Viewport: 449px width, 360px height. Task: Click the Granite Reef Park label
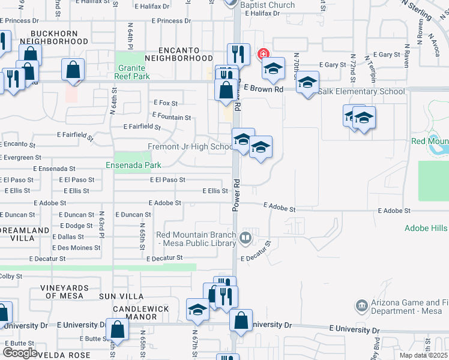pyautogui.click(x=133, y=72)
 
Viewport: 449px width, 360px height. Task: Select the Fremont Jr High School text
pyautogui.click(x=190, y=146)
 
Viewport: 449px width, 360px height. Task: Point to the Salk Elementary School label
pyautogui.click(x=363, y=92)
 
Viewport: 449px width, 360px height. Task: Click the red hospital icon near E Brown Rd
pyautogui.click(x=262, y=54)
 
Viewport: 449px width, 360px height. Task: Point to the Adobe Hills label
pyautogui.click(x=426, y=228)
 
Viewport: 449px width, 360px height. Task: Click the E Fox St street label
pyautogui.click(x=166, y=103)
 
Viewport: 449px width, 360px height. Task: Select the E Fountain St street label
pyautogui.click(x=172, y=117)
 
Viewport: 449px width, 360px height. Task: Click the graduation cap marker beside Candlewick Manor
pyautogui.click(x=197, y=310)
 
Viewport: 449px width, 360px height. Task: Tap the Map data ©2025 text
pyautogui.click(x=424, y=355)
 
